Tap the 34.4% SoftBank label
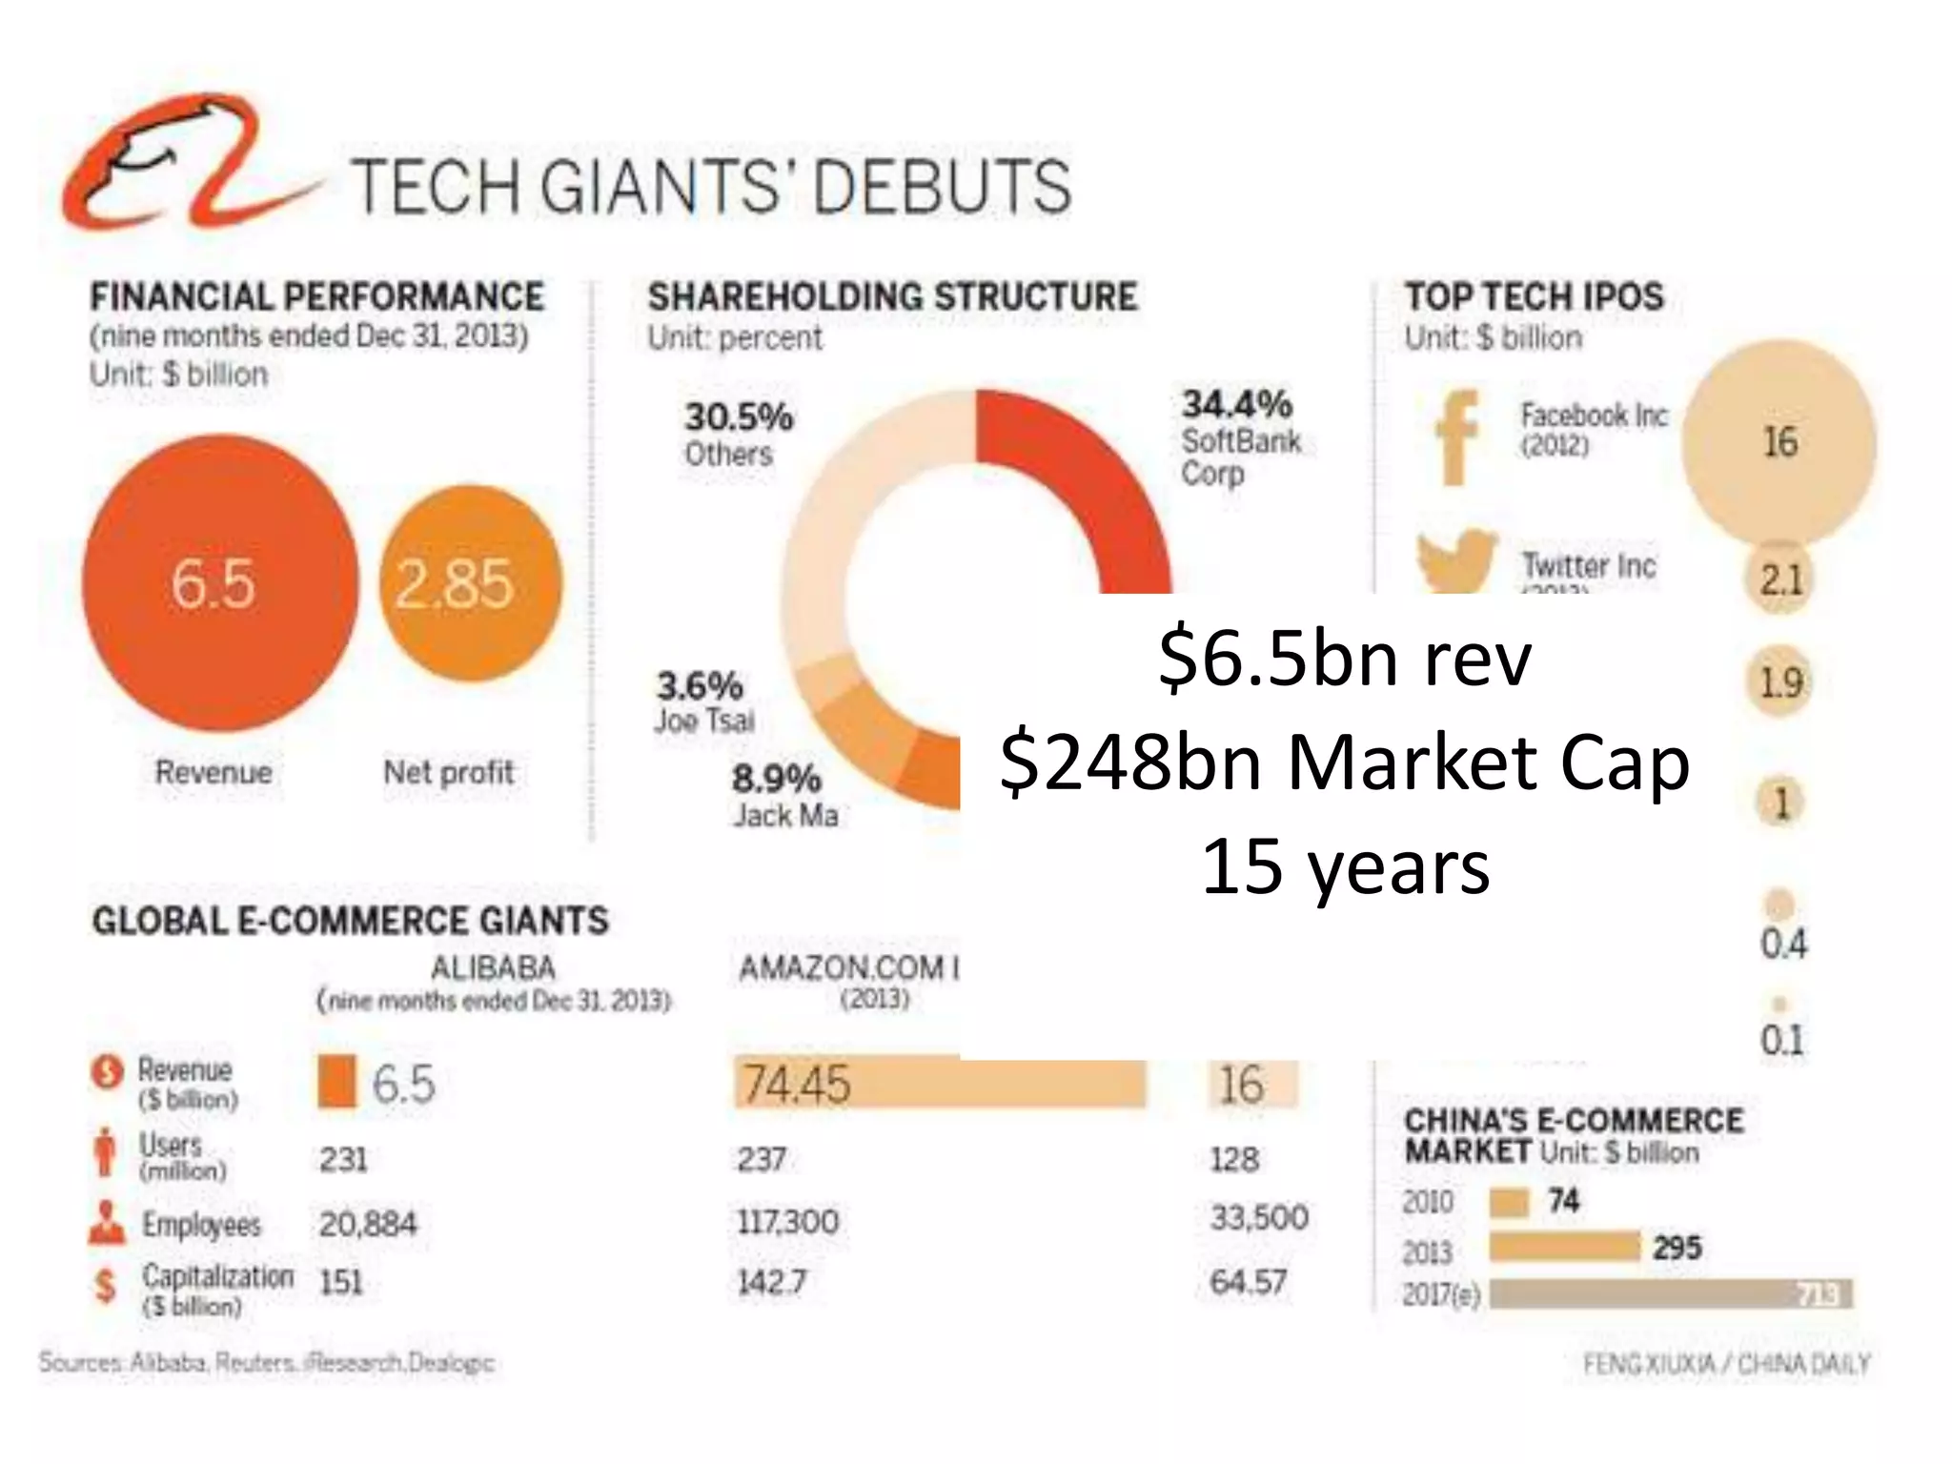[1236, 405]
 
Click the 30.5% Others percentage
[739, 417]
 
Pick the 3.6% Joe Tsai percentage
[700, 685]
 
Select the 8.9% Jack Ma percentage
[776, 779]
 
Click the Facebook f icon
[1454, 438]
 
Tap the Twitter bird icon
[1454, 559]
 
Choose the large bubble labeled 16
[1779, 442]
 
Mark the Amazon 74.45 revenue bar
[939, 1084]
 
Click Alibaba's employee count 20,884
[368, 1224]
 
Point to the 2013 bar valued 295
[1563, 1247]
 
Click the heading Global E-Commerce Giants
[350, 921]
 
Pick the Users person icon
[106, 1152]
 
